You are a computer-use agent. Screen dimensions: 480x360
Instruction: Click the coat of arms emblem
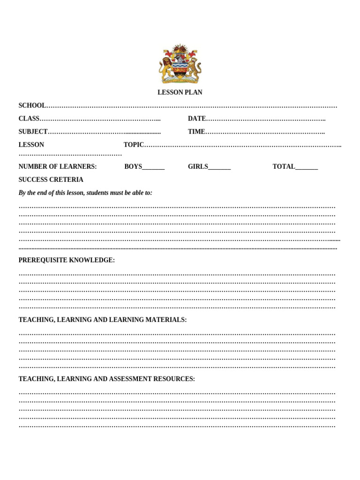pos(180,64)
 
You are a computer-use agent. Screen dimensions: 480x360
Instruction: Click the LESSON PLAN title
pos(180,92)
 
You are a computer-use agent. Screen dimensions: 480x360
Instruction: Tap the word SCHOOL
pos(32,105)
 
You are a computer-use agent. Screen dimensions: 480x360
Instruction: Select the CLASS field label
pos(29,119)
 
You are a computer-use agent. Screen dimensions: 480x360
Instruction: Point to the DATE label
pos(196,119)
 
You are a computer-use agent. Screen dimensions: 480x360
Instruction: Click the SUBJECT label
pos(33,132)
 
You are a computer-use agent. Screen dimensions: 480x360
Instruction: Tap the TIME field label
pos(196,132)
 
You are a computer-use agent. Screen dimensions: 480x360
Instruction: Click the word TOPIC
pos(134,145)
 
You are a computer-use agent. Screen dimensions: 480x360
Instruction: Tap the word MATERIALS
pos(166,320)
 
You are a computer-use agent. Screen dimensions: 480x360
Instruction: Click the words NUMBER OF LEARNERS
pos(58,166)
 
